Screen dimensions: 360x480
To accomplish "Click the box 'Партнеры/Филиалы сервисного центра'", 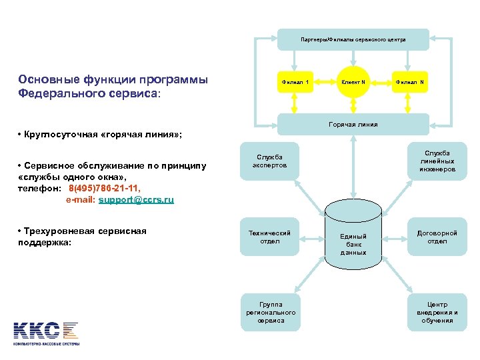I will click(x=353, y=39).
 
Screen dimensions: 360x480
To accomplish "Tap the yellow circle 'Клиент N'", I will click(x=353, y=83).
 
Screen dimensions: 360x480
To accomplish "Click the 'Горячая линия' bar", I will click(x=353, y=124).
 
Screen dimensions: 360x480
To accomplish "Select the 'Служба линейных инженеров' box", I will click(x=437, y=161).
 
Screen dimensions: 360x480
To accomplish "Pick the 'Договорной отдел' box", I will click(x=437, y=237).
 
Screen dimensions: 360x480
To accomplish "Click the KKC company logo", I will click(x=46, y=331).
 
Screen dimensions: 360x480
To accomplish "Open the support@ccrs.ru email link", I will click(x=136, y=199).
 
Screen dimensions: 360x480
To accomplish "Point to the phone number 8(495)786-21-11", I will click(x=105, y=189).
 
